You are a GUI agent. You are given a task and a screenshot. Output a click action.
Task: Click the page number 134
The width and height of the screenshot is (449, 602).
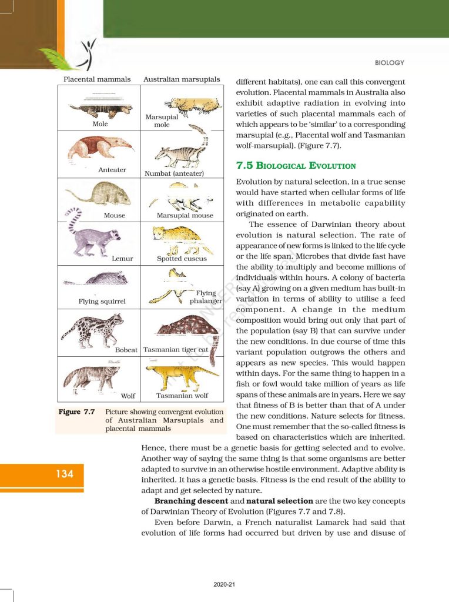click(65, 473)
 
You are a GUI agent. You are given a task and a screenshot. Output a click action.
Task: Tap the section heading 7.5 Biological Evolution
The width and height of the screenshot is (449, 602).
click(296, 166)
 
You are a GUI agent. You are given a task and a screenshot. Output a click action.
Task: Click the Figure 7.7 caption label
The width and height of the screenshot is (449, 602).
click(77, 412)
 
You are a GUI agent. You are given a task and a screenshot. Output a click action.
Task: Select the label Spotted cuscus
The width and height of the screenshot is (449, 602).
click(182, 259)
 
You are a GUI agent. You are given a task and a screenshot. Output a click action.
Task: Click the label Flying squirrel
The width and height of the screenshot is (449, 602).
click(102, 302)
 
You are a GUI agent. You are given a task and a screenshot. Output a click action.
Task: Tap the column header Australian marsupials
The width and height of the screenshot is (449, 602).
click(182, 79)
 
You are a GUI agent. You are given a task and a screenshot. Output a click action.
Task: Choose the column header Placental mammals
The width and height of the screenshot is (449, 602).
click(97, 79)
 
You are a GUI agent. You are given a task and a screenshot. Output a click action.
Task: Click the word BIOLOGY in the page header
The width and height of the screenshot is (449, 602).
click(389, 63)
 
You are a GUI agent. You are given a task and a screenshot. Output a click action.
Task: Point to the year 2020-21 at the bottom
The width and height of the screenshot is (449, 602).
click(224, 584)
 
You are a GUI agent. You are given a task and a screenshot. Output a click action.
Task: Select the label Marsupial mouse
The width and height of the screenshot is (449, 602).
click(185, 216)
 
